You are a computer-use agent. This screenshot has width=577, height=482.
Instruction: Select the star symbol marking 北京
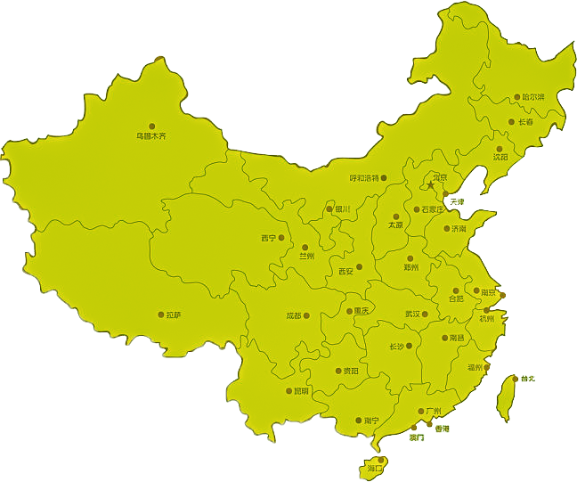point(430,186)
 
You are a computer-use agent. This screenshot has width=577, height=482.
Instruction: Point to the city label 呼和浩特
point(364,178)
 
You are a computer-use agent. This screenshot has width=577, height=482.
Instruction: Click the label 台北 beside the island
point(528,379)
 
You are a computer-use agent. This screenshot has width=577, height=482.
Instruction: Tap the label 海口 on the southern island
point(374,468)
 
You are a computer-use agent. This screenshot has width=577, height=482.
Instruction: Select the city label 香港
point(443,429)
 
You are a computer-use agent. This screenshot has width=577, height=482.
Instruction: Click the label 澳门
point(417,437)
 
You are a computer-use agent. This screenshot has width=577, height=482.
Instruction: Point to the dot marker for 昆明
point(289,391)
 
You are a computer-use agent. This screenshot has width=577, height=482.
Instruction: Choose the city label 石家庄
point(433,210)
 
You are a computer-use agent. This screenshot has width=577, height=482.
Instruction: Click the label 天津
point(457,202)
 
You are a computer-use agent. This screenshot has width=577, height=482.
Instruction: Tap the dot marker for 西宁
point(284,238)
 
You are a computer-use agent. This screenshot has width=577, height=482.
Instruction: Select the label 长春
point(525,122)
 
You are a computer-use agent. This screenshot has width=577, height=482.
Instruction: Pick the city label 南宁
point(371,421)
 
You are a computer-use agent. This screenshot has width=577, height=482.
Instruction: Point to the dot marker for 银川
point(329,209)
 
